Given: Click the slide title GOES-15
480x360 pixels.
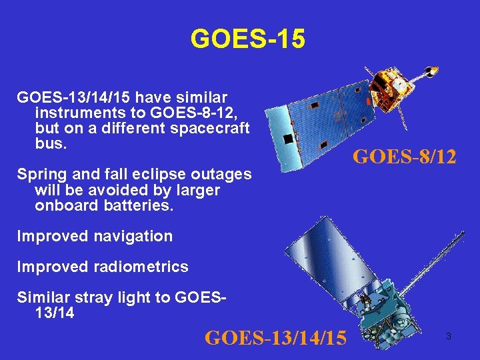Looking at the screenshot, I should (x=247, y=39).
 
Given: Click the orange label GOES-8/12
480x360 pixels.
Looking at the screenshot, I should (x=404, y=157).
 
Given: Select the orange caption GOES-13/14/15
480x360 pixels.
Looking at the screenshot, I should (x=275, y=338).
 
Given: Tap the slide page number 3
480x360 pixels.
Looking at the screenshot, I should (x=448, y=337).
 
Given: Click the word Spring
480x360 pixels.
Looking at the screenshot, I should (x=41, y=175).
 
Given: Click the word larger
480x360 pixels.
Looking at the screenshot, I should (x=196, y=190).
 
